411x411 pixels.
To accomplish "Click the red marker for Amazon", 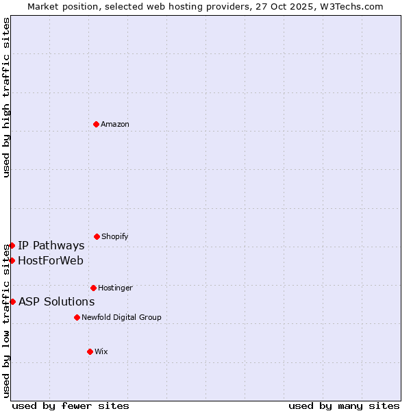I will click(96, 124).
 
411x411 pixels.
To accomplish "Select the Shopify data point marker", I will click(97, 236).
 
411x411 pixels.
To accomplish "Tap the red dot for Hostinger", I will click(93, 288).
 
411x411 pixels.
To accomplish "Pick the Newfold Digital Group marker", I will click(77, 317).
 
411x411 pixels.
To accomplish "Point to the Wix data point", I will click(90, 351).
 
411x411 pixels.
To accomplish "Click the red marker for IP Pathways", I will click(12, 245).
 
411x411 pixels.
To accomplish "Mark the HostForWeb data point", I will click(12, 260).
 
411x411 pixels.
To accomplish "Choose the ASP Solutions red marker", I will click(12, 301).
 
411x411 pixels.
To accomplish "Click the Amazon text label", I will click(115, 124).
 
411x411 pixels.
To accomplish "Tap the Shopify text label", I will click(115, 236).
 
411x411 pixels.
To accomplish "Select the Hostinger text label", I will click(115, 288).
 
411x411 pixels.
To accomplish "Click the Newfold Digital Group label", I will click(121, 317).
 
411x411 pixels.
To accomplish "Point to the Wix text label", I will click(101, 351).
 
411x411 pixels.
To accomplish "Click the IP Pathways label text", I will click(51, 245).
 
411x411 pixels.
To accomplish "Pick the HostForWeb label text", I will click(51, 260).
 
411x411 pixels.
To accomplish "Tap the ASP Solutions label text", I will click(56, 301).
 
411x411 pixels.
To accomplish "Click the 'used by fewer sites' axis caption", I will click(71, 406).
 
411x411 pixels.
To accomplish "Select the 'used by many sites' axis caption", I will click(344, 406).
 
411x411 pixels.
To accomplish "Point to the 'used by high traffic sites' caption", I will click(6, 97).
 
